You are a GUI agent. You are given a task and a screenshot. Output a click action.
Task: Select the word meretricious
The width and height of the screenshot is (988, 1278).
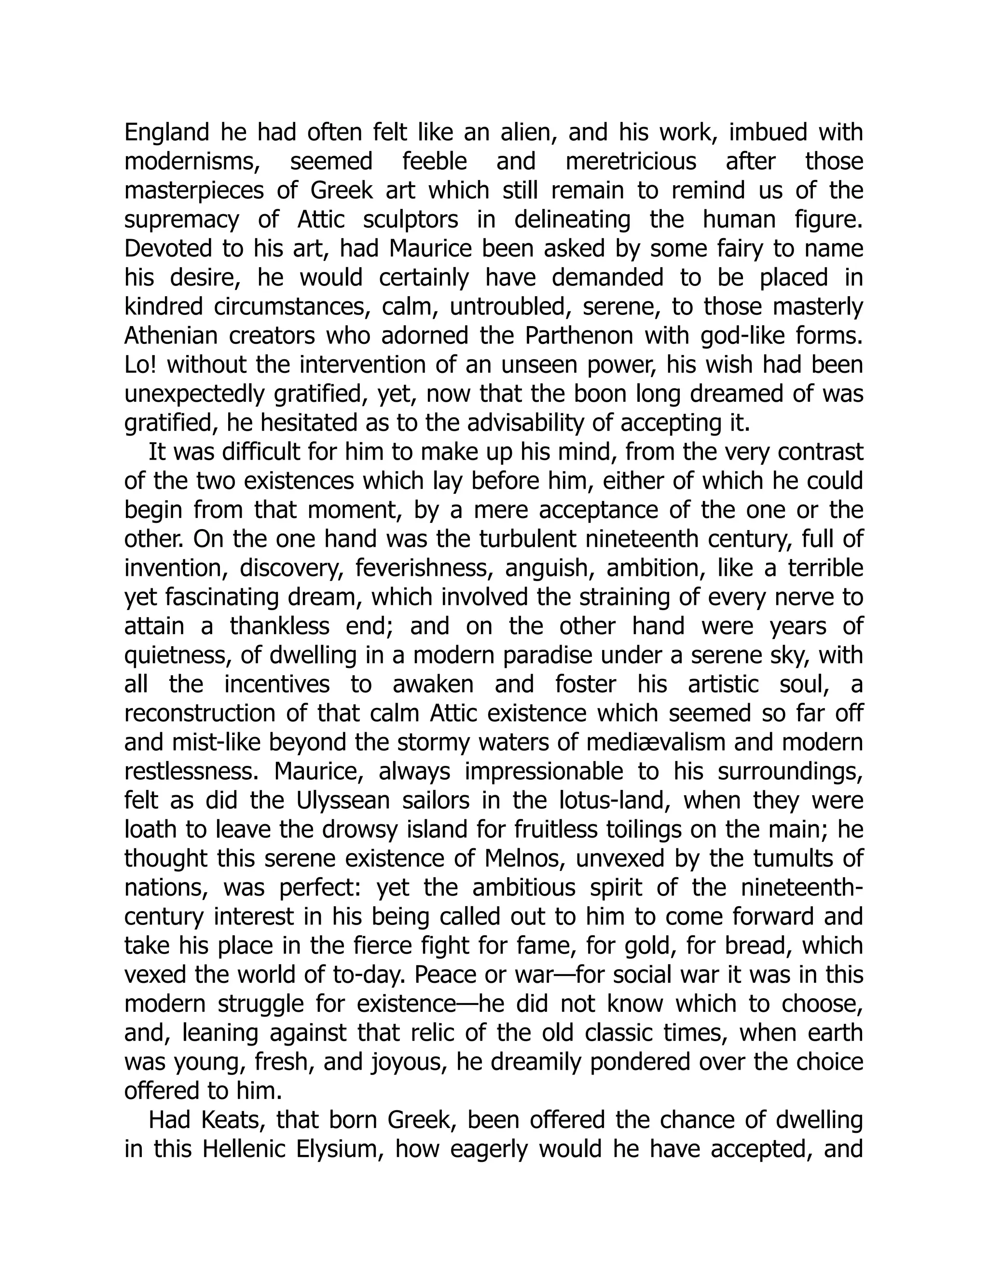[631, 162]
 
